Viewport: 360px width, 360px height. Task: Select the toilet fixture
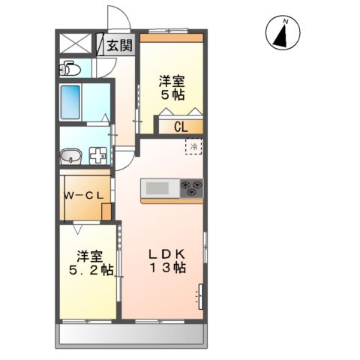tap(70, 70)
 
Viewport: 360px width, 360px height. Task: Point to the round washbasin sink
tap(70, 156)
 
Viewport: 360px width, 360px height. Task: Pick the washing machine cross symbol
tap(97, 156)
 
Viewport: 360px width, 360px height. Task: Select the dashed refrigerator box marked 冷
tap(193, 147)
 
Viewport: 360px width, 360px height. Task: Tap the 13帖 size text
tap(169, 267)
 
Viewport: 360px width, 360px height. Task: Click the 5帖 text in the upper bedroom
tap(172, 94)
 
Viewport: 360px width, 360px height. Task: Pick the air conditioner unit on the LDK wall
tap(200, 297)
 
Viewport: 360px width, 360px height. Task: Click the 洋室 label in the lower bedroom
tap(88, 254)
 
